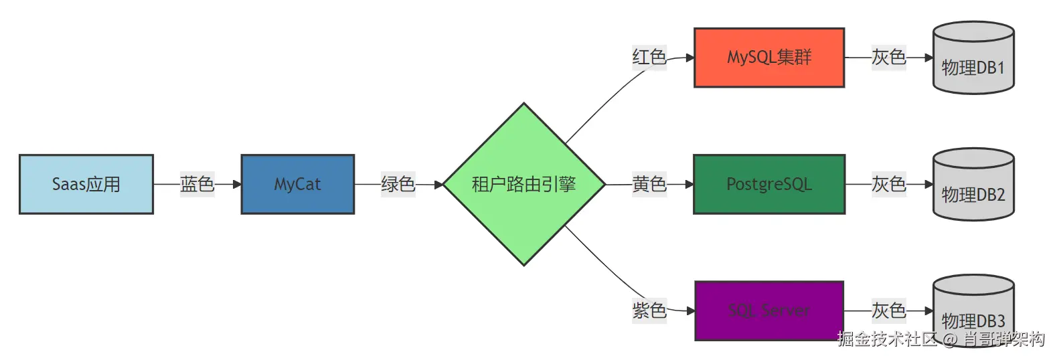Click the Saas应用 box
tap(86, 185)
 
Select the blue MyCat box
tap(297, 185)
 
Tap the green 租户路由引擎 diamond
tap(523, 184)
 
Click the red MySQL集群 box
tap(768, 58)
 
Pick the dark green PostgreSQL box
tap(768, 185)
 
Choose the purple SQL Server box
tap(768, 311)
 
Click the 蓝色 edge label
tap(197, 184)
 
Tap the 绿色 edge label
tap(398, 184)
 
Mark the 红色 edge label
tap(649, 58)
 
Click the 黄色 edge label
tap(649, 184)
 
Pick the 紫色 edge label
tap(649, 310)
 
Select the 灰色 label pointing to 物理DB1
tap(888, 58)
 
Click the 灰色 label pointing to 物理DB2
tap(888, 184)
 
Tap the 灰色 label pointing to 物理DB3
tap(888, 310)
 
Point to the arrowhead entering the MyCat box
tap(237, 184)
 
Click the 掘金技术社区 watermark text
tap(887, 339)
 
